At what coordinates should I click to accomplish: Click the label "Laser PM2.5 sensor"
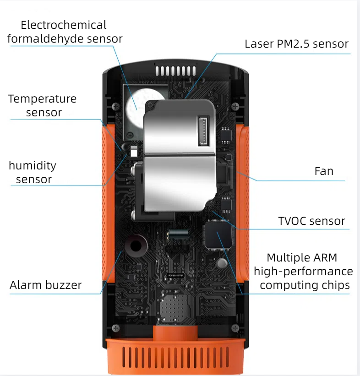(296, 44)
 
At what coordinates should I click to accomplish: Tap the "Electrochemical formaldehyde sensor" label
(65, 32)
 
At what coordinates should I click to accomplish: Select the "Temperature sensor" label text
(43, 105)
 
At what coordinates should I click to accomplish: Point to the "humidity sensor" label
(33, 172)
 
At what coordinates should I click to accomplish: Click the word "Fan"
(324, 171)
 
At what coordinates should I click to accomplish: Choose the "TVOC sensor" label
(311, 221)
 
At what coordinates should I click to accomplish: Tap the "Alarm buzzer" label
(45, 285)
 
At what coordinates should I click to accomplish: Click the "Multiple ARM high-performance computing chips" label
(303, 271)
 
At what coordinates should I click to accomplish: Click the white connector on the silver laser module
(203, 131)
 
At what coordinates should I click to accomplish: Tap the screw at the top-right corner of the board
(235, 106)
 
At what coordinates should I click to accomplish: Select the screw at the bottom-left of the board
(115, 328)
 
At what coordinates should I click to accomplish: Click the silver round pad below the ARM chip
(222, 263)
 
